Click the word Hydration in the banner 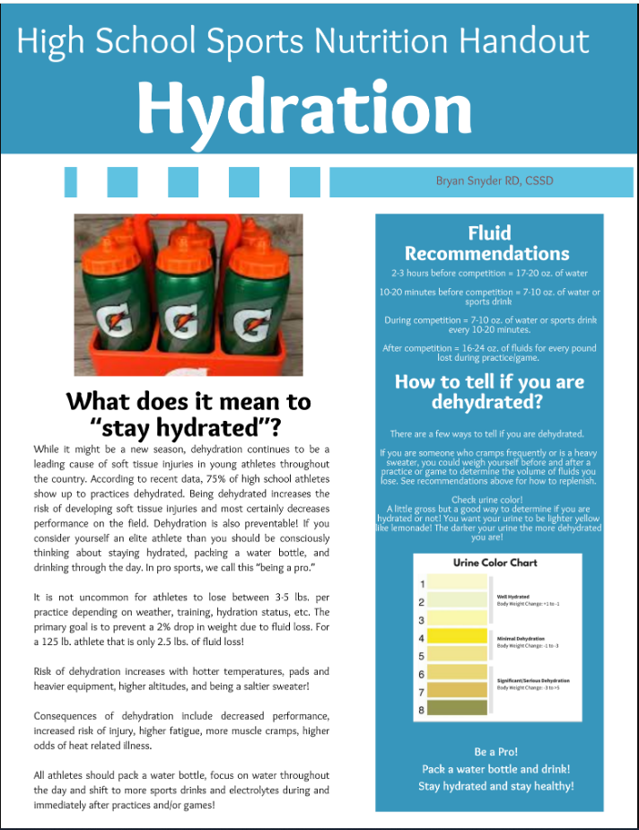(305, 108)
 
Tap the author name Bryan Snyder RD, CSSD (495, 181)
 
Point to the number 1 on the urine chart (422, 584)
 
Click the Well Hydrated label (512, 596)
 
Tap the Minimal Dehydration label (521, 638)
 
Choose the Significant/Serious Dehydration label (533, 680)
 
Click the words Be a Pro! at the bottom (495, 752)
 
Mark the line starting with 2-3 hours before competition (489, 272)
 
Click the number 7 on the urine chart (422, 693)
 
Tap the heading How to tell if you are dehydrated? (489, 391)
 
